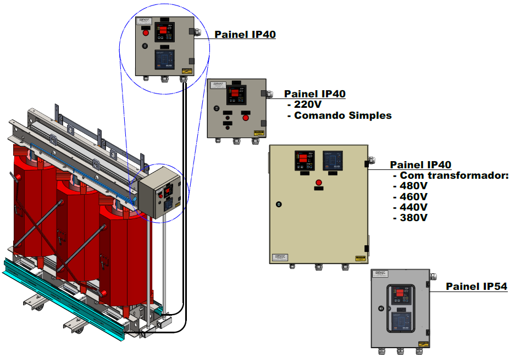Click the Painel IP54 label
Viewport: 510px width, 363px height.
tap(476, 287)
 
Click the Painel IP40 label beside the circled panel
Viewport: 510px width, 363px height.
tap(245, 35)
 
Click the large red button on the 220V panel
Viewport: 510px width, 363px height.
tap(246, 117)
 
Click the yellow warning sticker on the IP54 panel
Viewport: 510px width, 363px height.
tap(420, 344)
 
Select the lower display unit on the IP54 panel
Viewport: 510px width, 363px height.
tap(402, 321)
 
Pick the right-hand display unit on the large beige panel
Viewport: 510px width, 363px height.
tap(332, 161)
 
